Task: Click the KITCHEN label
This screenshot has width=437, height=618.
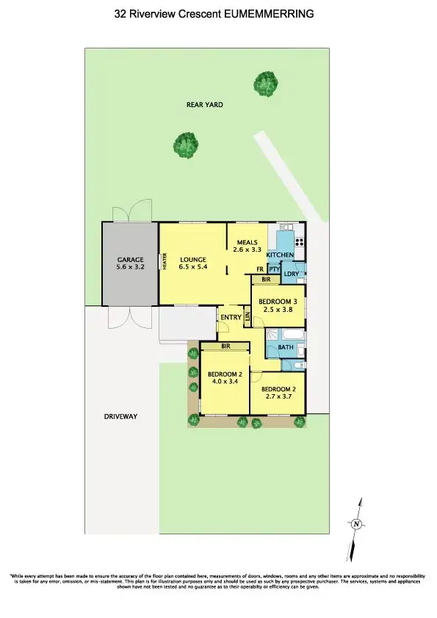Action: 280,255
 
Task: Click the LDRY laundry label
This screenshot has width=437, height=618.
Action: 291,275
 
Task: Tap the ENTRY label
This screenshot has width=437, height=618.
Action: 231,317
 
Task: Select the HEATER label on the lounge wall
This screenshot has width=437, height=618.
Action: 165,261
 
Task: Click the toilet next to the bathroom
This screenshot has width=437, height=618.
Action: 298,365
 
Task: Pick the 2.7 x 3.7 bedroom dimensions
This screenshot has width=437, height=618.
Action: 278,396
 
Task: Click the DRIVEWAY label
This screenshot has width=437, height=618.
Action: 120,416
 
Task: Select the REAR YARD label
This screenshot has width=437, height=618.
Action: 205,105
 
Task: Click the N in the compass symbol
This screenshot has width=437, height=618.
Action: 356,523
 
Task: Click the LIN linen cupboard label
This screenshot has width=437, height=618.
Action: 248,317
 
